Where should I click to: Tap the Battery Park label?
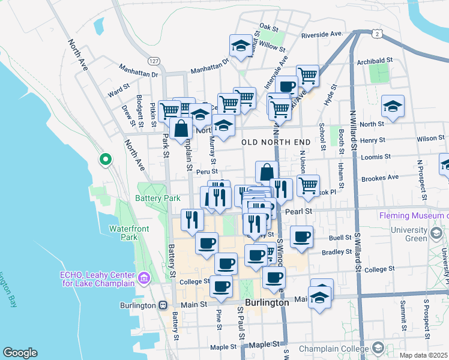coord(158,198)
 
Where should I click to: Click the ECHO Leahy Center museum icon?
coord(143,278)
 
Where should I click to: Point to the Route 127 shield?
coord(154,61)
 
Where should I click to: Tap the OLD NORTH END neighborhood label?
coord(276,142)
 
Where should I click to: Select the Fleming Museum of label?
coord(411,215)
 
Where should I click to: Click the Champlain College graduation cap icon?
coord(378,348)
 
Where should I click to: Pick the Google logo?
coord(20,353)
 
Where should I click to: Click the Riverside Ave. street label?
coord(322,34)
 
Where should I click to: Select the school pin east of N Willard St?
coord(393,106)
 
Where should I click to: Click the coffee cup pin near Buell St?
coord(302,236)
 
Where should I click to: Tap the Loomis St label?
coord(376,157)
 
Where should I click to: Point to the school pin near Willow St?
coord(240,46)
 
